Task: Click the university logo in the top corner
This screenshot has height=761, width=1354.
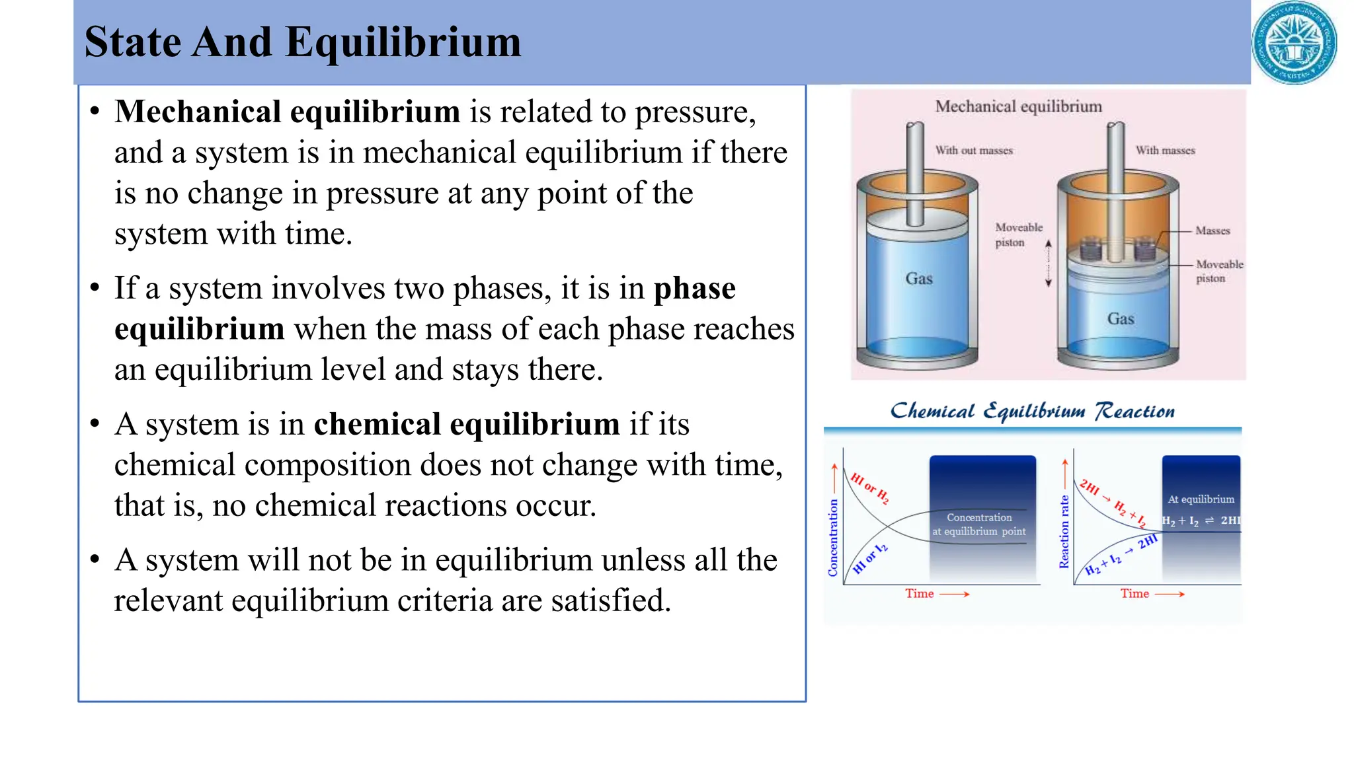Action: (x=1294, y=43)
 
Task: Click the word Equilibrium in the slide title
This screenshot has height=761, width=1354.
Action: (x=403, y=42)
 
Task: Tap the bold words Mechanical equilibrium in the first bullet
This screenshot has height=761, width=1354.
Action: (x=287, y=112)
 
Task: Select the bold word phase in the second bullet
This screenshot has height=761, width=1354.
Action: (x=694, y=289)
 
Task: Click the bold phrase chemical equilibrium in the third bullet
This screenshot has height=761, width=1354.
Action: (x=467, y=424)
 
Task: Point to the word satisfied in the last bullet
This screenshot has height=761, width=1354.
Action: (x=610, y=600)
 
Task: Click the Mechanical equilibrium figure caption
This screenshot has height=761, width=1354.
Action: (x=1018, y=106)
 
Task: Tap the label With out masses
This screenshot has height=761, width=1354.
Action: (x=974, y=151)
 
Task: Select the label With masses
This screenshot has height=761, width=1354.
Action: (x=1165, y=151)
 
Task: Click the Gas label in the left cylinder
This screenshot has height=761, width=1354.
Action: (x=919, y=279)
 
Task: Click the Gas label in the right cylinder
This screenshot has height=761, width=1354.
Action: (x=1121, y=319)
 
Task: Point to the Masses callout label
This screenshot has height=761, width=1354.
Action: (x=1213, y=231)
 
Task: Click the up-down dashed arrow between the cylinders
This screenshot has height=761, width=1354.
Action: (x=1048, y=264)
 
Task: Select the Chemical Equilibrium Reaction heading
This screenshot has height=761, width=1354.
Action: (x=1032, y=411)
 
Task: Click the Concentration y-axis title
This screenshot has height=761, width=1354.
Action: (x=833, y=537)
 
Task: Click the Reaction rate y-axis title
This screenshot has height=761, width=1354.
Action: (x=1064, y=531)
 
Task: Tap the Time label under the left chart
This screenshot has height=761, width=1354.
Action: (x=920, y=594)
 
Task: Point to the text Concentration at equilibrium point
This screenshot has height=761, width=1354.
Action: (x=979, y=525)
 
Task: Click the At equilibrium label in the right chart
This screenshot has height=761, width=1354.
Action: (x=1201, y=499)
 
